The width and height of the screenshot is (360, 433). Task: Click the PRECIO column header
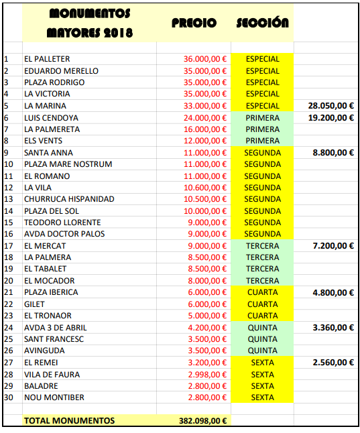(x=194, y=23)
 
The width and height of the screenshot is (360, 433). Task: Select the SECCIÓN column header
(x=263, y=23)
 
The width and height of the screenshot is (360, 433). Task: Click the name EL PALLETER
(x=47, y=59)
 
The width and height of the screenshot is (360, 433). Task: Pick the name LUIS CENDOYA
(x=51, y=117)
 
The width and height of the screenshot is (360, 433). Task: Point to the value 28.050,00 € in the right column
(x=331, y=106)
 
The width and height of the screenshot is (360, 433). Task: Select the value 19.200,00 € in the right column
(x=331, y=117)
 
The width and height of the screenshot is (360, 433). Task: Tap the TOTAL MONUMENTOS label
(x=69, y=421)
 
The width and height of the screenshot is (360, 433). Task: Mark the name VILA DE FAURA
(x=52, y=374)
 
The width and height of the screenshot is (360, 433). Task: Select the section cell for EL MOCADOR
(x=263, y=281)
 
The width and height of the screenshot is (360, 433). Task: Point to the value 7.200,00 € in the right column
(x=333, y=246)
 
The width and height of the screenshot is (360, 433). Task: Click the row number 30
(x=8, y=397)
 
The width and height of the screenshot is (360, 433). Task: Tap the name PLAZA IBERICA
(x=51, y=292)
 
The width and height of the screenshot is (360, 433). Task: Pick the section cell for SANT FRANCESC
(x=263, y=339)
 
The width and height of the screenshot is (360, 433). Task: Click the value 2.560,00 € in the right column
(x=333, y=363)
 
